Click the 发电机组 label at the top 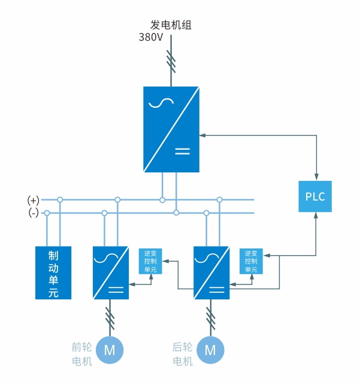click(x=171, y=25)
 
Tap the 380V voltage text click(x=152, y=37)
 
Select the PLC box click(x=315, y=196)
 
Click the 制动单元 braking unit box click(x=53, y=272)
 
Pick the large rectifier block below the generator click(x=171, y=129)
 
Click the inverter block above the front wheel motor click(x=110, y=272)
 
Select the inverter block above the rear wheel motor click(x=211, y=272)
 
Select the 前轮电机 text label click(x=82, y=354)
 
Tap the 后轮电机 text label click(x=183, y=354)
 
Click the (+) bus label click(x=33, y=199)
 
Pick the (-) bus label click(x=33, y=213)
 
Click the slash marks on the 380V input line click(x=171, y=62)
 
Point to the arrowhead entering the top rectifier click(x=202, y=135)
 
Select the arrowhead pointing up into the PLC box click(x=315, y=216)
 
